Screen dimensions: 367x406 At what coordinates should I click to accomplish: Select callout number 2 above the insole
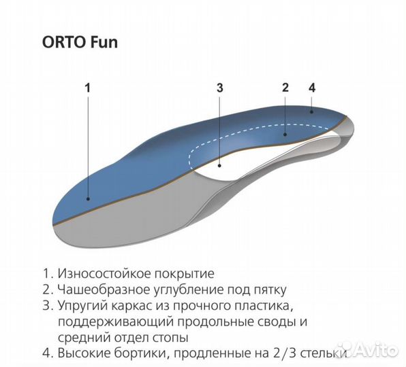click(x=285, y=87)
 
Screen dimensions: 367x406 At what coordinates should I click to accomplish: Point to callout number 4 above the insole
click(x=312, y=87)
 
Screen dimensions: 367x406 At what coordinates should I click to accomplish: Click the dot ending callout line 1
click(x=87, y=198)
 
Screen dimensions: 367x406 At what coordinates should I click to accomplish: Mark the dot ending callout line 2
click(x=285, y=135)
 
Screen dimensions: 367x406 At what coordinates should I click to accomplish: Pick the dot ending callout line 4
click(x=312, y=110)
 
